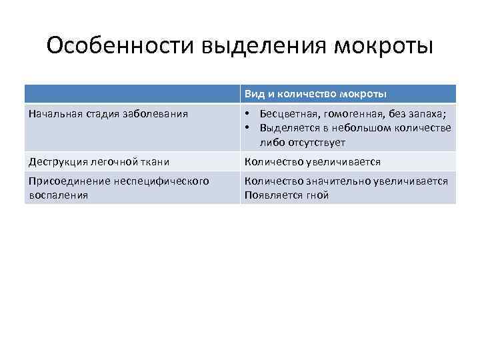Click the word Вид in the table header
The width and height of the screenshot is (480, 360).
tap(253, 93)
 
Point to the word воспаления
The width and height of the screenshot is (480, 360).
tap(59, 195)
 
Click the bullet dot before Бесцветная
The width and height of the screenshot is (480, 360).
tap(247, 113)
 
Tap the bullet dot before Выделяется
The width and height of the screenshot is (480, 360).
tap(247, 128)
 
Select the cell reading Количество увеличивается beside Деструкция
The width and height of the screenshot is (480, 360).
tap(313, 161)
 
